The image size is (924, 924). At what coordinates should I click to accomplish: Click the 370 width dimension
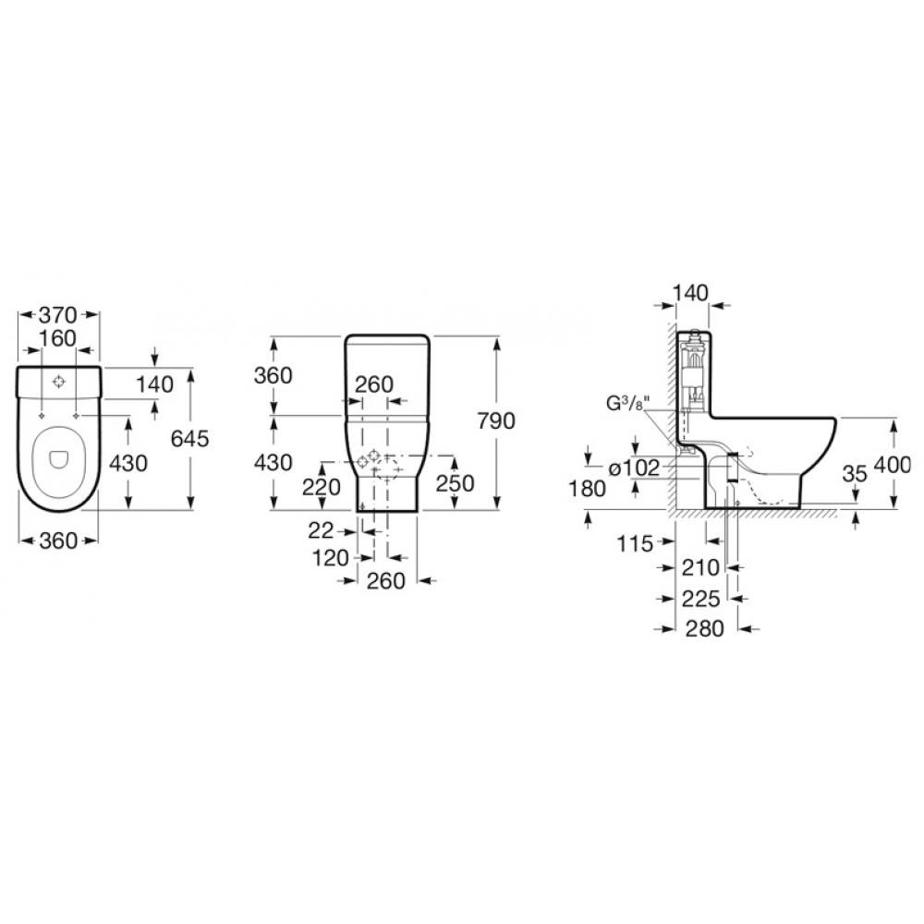pos(57,315)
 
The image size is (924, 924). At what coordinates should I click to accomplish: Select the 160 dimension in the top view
pos(57,338)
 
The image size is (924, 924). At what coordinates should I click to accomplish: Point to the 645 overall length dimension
pos(189,438)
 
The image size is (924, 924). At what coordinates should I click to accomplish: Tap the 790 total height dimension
pos(495,420)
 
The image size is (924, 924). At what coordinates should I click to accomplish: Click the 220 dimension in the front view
pos(322,487)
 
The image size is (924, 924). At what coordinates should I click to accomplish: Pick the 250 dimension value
pos(455,483)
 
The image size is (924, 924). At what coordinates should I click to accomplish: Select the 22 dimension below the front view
pos(321,531)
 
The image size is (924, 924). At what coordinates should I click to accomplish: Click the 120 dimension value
pos(331,557)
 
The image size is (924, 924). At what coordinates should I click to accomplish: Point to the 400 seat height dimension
pos(893,465)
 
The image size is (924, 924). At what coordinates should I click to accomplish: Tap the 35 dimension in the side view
pos(855,473)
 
